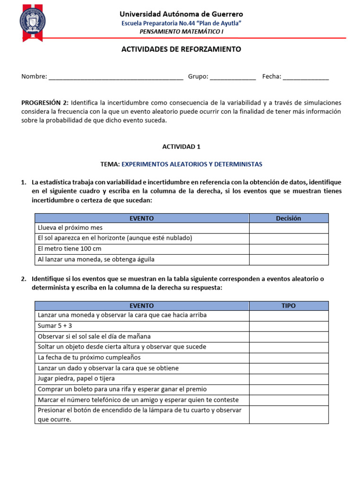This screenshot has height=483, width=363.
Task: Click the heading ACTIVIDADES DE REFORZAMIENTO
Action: [181, 49]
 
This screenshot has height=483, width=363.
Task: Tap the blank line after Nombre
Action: [116, 77]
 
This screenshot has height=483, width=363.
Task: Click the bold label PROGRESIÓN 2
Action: [45, 102]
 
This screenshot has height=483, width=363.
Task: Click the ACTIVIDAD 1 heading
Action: [181, 147]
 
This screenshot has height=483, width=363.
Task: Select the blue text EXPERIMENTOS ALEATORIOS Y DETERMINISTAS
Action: [192, 164]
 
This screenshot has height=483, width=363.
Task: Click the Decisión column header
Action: [288, 218]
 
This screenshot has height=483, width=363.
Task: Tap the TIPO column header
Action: [288, 306]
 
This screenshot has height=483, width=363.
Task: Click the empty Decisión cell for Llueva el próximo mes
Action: [288, 228]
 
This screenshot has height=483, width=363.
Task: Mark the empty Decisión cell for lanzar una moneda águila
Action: [288, 259]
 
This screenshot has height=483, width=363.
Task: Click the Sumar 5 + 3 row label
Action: [55, 326]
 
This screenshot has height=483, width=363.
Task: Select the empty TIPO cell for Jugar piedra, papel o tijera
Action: [288, 379]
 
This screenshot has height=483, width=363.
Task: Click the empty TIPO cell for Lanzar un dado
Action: [288, 368]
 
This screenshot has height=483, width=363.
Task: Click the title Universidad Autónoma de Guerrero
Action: [181, 14]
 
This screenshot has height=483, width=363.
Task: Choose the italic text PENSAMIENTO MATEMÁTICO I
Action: [181, 32]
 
